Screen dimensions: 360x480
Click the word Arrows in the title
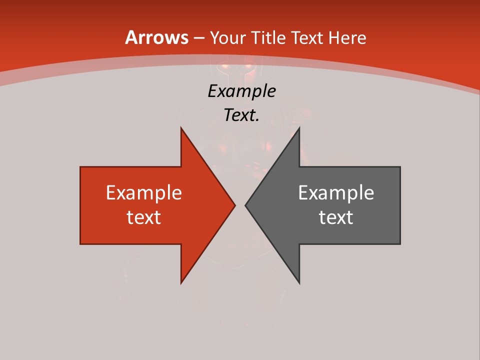click(157, 37)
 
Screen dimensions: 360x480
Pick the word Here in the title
click(348, 37)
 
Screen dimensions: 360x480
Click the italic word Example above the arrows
click(242, 91)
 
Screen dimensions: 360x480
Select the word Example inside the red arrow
click(144, 193)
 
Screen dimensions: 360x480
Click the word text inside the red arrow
click(144, 217)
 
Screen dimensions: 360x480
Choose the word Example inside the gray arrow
click(336, 193)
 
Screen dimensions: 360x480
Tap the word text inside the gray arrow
click(336, 217)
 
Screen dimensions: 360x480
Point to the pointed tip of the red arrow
click(234, 205)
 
